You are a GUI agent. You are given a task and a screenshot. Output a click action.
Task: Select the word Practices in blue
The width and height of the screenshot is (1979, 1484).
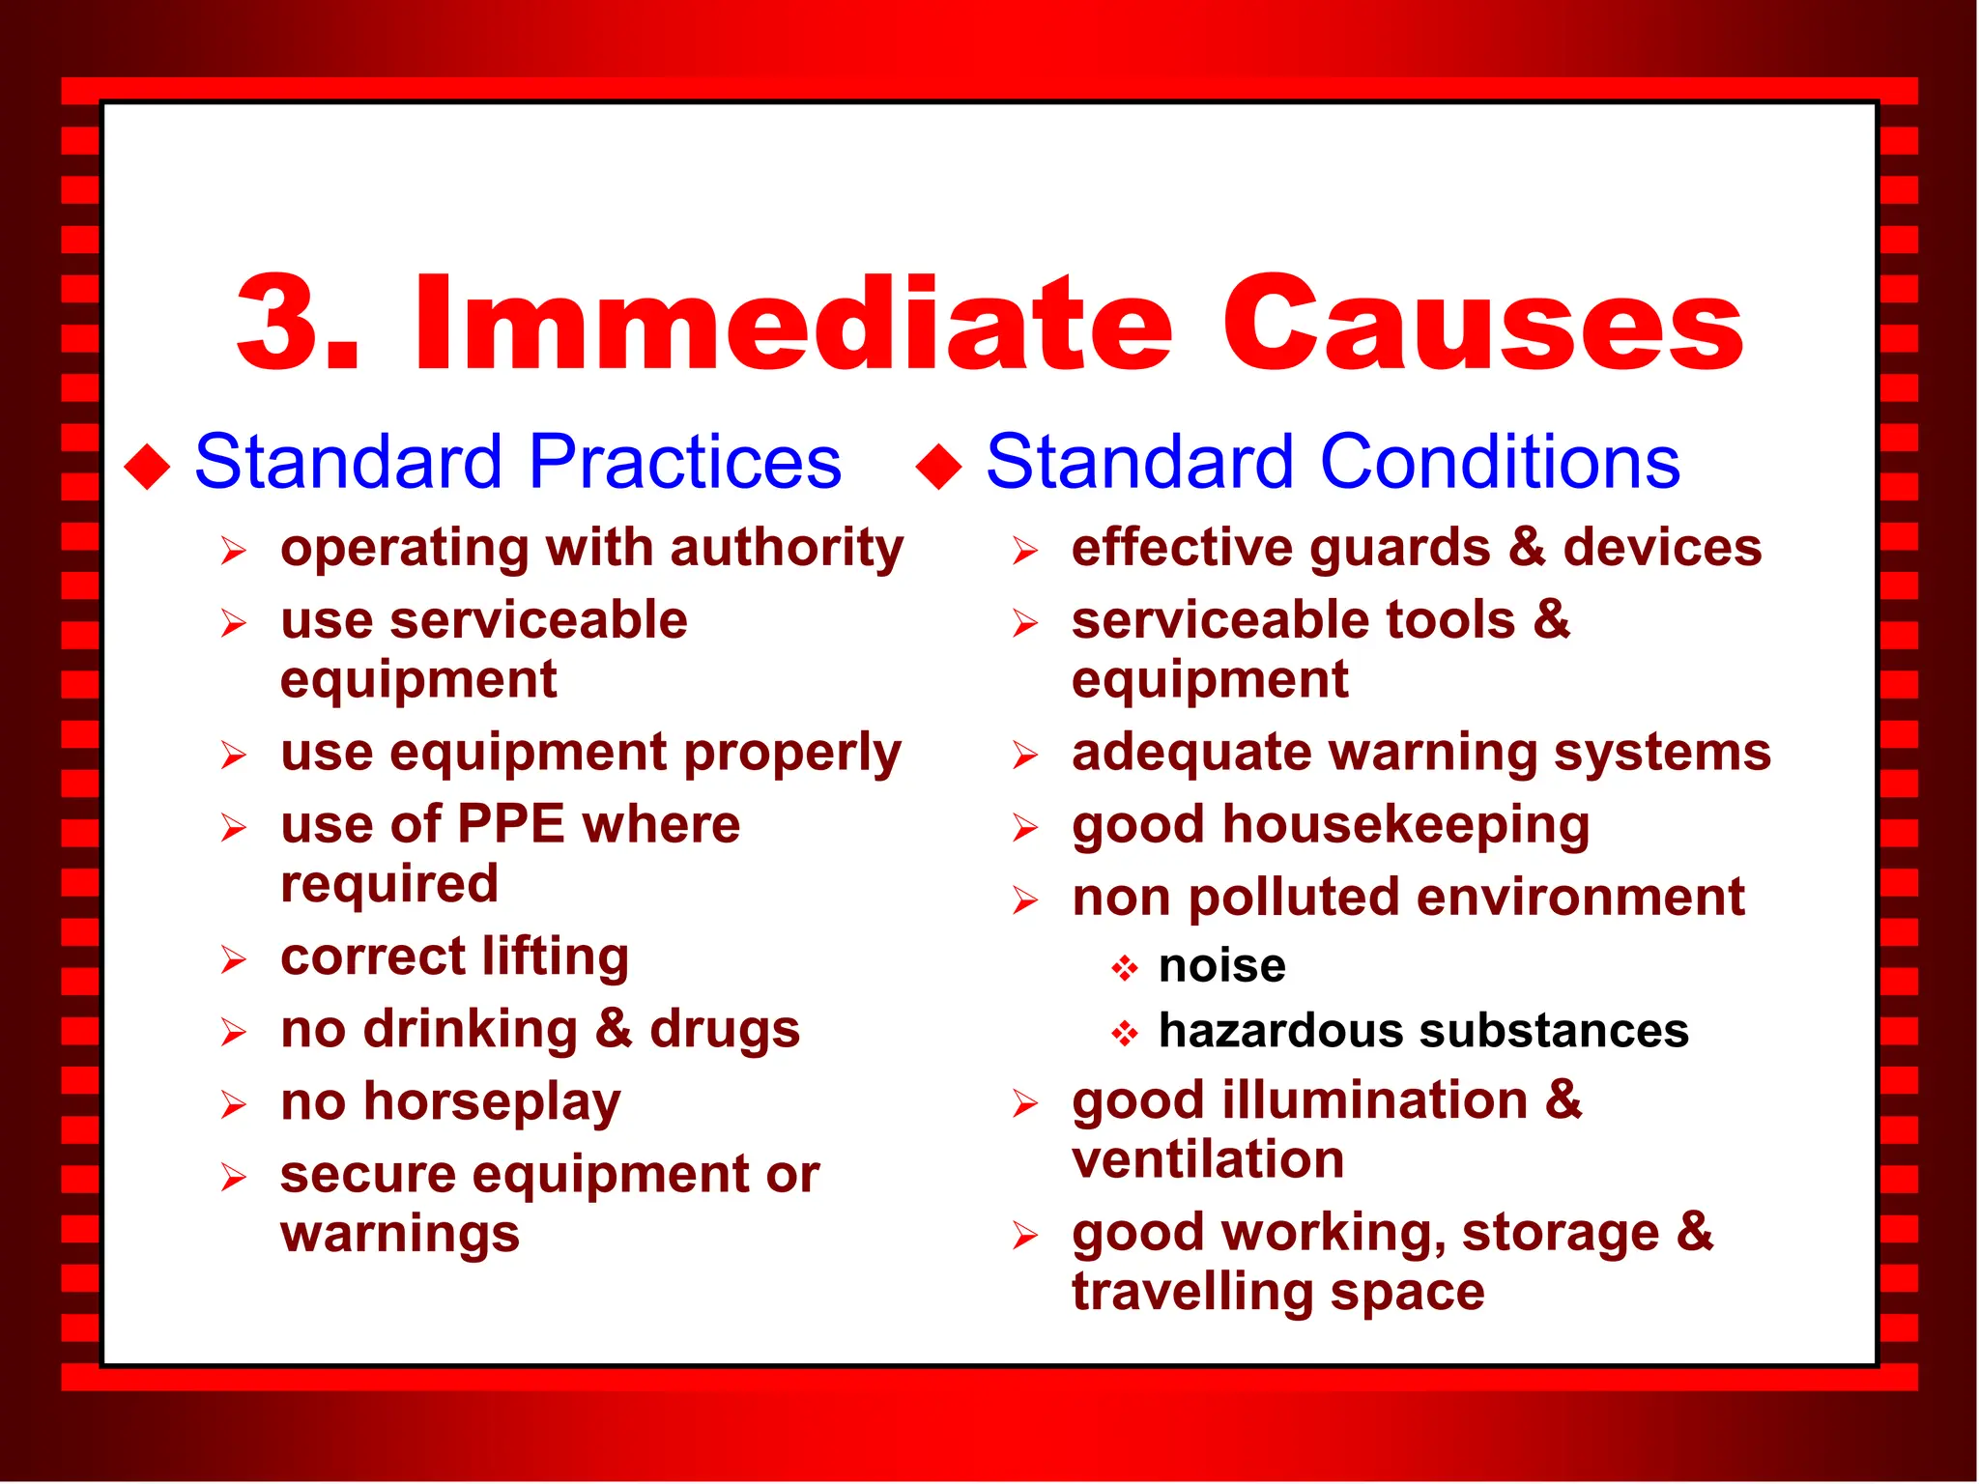(685, 463)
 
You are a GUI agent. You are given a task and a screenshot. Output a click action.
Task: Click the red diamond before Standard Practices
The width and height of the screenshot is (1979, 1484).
(148, 467)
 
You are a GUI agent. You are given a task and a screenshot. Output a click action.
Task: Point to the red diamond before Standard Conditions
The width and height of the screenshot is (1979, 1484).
(939, 467)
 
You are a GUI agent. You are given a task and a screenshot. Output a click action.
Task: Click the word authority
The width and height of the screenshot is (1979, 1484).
(787, 549)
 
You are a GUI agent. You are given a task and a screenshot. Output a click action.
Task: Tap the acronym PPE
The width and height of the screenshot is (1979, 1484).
(510, 825)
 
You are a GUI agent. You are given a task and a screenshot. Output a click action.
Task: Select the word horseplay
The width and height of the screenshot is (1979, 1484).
(492, 1103)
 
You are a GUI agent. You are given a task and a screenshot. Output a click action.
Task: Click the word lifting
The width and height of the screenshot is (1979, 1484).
(556, 957)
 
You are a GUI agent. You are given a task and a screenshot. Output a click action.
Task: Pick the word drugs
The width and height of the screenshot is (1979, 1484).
(725, 1030)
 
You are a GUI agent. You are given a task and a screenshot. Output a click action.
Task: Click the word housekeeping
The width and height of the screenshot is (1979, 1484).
(1406, 827)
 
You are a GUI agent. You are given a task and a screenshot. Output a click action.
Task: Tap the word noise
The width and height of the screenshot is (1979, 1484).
(1222, 966)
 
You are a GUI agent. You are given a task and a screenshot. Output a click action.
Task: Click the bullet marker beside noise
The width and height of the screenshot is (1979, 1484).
(1124, 968)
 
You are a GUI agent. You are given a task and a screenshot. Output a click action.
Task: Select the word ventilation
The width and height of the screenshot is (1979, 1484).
(1208, 1159)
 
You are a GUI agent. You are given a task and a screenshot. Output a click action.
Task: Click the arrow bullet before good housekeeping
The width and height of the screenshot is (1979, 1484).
(1025, 828)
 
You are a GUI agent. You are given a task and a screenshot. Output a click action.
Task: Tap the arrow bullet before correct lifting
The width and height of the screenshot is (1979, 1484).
(233, 959)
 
